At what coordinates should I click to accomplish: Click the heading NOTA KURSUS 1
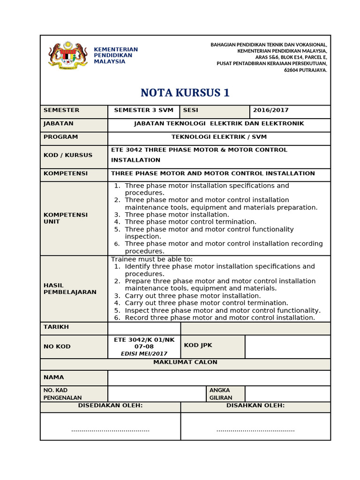coord(186,93)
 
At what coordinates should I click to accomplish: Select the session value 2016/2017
coord(271,111)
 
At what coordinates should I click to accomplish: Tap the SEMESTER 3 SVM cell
coord(143,111)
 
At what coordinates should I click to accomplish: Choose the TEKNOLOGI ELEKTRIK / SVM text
coord(219,137)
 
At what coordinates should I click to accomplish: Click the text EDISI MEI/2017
coord(144,354)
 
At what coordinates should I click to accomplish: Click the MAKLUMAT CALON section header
coord(185,362)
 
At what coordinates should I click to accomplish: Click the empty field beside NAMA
coord(219,378)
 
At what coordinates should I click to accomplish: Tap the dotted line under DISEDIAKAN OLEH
coord(110,429)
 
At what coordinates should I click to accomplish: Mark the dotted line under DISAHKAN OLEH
coord(255,429)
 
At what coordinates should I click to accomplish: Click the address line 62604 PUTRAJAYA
coord(305,70)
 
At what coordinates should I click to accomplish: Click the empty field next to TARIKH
coord(144,328)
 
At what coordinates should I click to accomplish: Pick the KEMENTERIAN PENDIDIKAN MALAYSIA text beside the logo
coord(116,55)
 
